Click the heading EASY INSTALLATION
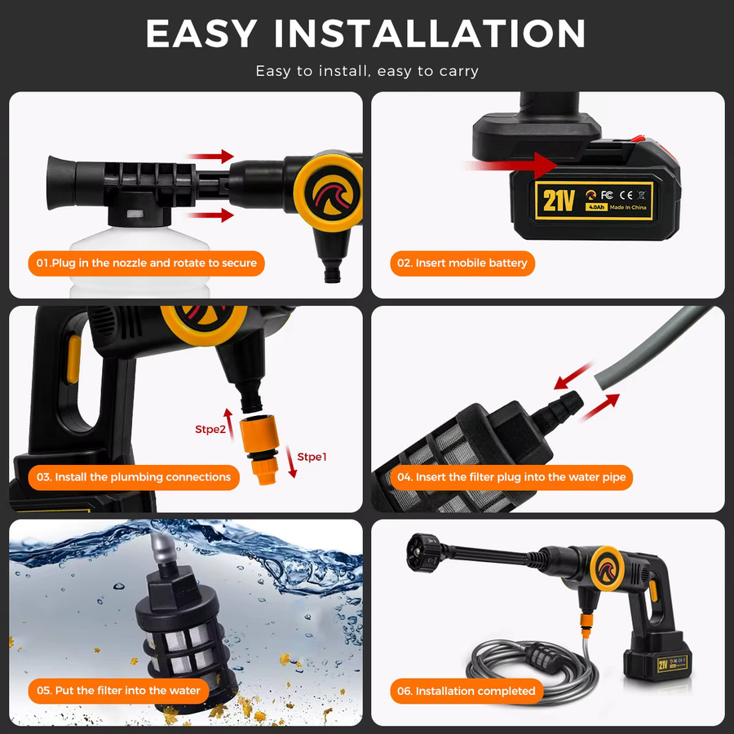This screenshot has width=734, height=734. [x=365, y=33]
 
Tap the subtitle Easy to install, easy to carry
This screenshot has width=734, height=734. [x=367, y=71]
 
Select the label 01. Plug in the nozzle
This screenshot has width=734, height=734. [x=147, y=263]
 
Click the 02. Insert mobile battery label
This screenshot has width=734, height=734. [x=462, y=263]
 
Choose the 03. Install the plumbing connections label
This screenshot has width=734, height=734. [x=134, y=477]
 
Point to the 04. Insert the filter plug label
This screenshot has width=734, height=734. [x=511, y=477]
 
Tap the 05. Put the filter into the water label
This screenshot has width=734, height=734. [x=118, y=691]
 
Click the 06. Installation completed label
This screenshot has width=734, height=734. [x=466, y=691]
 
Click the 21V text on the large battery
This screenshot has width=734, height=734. [x=558, y=201]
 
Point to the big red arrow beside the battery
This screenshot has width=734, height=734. [x=511, y=166]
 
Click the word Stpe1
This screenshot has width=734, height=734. [x=312, y=457]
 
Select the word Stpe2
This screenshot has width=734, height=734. [x=210, y=429]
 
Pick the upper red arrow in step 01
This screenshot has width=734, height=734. [x=210, y=157]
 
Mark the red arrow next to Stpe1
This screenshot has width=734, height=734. [x=291, y=462]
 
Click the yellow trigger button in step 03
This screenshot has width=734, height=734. [x=73, y=359]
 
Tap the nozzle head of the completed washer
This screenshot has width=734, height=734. [x=423, y=553]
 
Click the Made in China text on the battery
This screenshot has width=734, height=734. [x=628, y=207]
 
